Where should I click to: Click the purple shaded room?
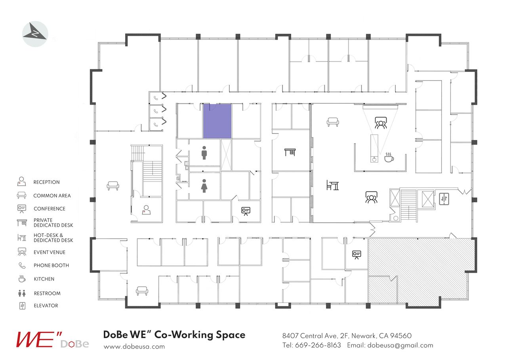217,121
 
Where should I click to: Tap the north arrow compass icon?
35,34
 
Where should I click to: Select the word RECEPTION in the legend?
46,182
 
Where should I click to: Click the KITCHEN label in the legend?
44,279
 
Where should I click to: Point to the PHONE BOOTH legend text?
51,266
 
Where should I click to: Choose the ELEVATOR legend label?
46,306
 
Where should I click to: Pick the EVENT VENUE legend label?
50,252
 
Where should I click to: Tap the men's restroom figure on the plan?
204,153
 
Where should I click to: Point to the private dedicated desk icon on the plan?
290,152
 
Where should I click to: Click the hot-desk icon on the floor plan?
332,185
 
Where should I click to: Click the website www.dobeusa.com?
134,346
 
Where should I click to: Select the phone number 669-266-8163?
318,345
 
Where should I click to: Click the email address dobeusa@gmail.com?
400,345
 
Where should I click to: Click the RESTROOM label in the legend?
47,293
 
